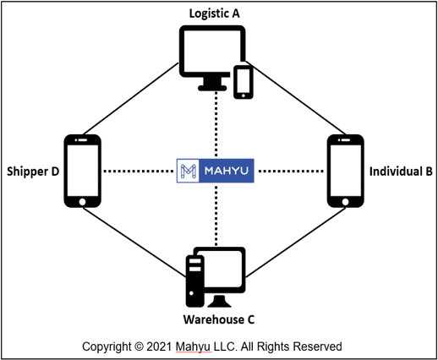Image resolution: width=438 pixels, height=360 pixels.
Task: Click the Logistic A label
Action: tap(214, 14)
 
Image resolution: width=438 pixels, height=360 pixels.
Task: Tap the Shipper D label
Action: tap(33, 172)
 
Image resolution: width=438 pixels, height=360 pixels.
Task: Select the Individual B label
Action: tap(401, 172)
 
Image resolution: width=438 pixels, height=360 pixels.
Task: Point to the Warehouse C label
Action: tap(219, 319)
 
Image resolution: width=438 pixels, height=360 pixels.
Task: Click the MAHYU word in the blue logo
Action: tap(227, 171)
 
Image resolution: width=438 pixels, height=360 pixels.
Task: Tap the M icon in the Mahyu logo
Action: tap(188, 171)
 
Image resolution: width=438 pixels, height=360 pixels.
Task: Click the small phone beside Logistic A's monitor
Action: tap(244, 82)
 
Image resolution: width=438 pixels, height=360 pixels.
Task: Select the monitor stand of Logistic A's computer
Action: tap(212, 84)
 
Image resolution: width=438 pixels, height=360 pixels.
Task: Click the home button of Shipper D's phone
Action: tap(82, 202)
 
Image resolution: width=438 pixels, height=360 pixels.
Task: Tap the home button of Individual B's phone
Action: tap(345, 202)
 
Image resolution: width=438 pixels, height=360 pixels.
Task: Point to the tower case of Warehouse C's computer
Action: tap(194, 281)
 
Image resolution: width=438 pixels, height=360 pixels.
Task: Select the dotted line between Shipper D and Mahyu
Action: tap(138, 171)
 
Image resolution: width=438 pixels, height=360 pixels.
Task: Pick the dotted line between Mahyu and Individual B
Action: tap(291, 171)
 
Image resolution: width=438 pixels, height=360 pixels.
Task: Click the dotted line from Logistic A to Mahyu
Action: tap(216, 124)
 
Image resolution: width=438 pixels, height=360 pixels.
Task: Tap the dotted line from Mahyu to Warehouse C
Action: tap(216, 215)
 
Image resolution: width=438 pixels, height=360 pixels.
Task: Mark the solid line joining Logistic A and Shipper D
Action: tap(131, 98)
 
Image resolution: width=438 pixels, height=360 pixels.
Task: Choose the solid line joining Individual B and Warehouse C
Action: tap(296, 243)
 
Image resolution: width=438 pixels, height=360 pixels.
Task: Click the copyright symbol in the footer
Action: tap(139, 346)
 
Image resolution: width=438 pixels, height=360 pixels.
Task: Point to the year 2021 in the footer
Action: tap(159, 346)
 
